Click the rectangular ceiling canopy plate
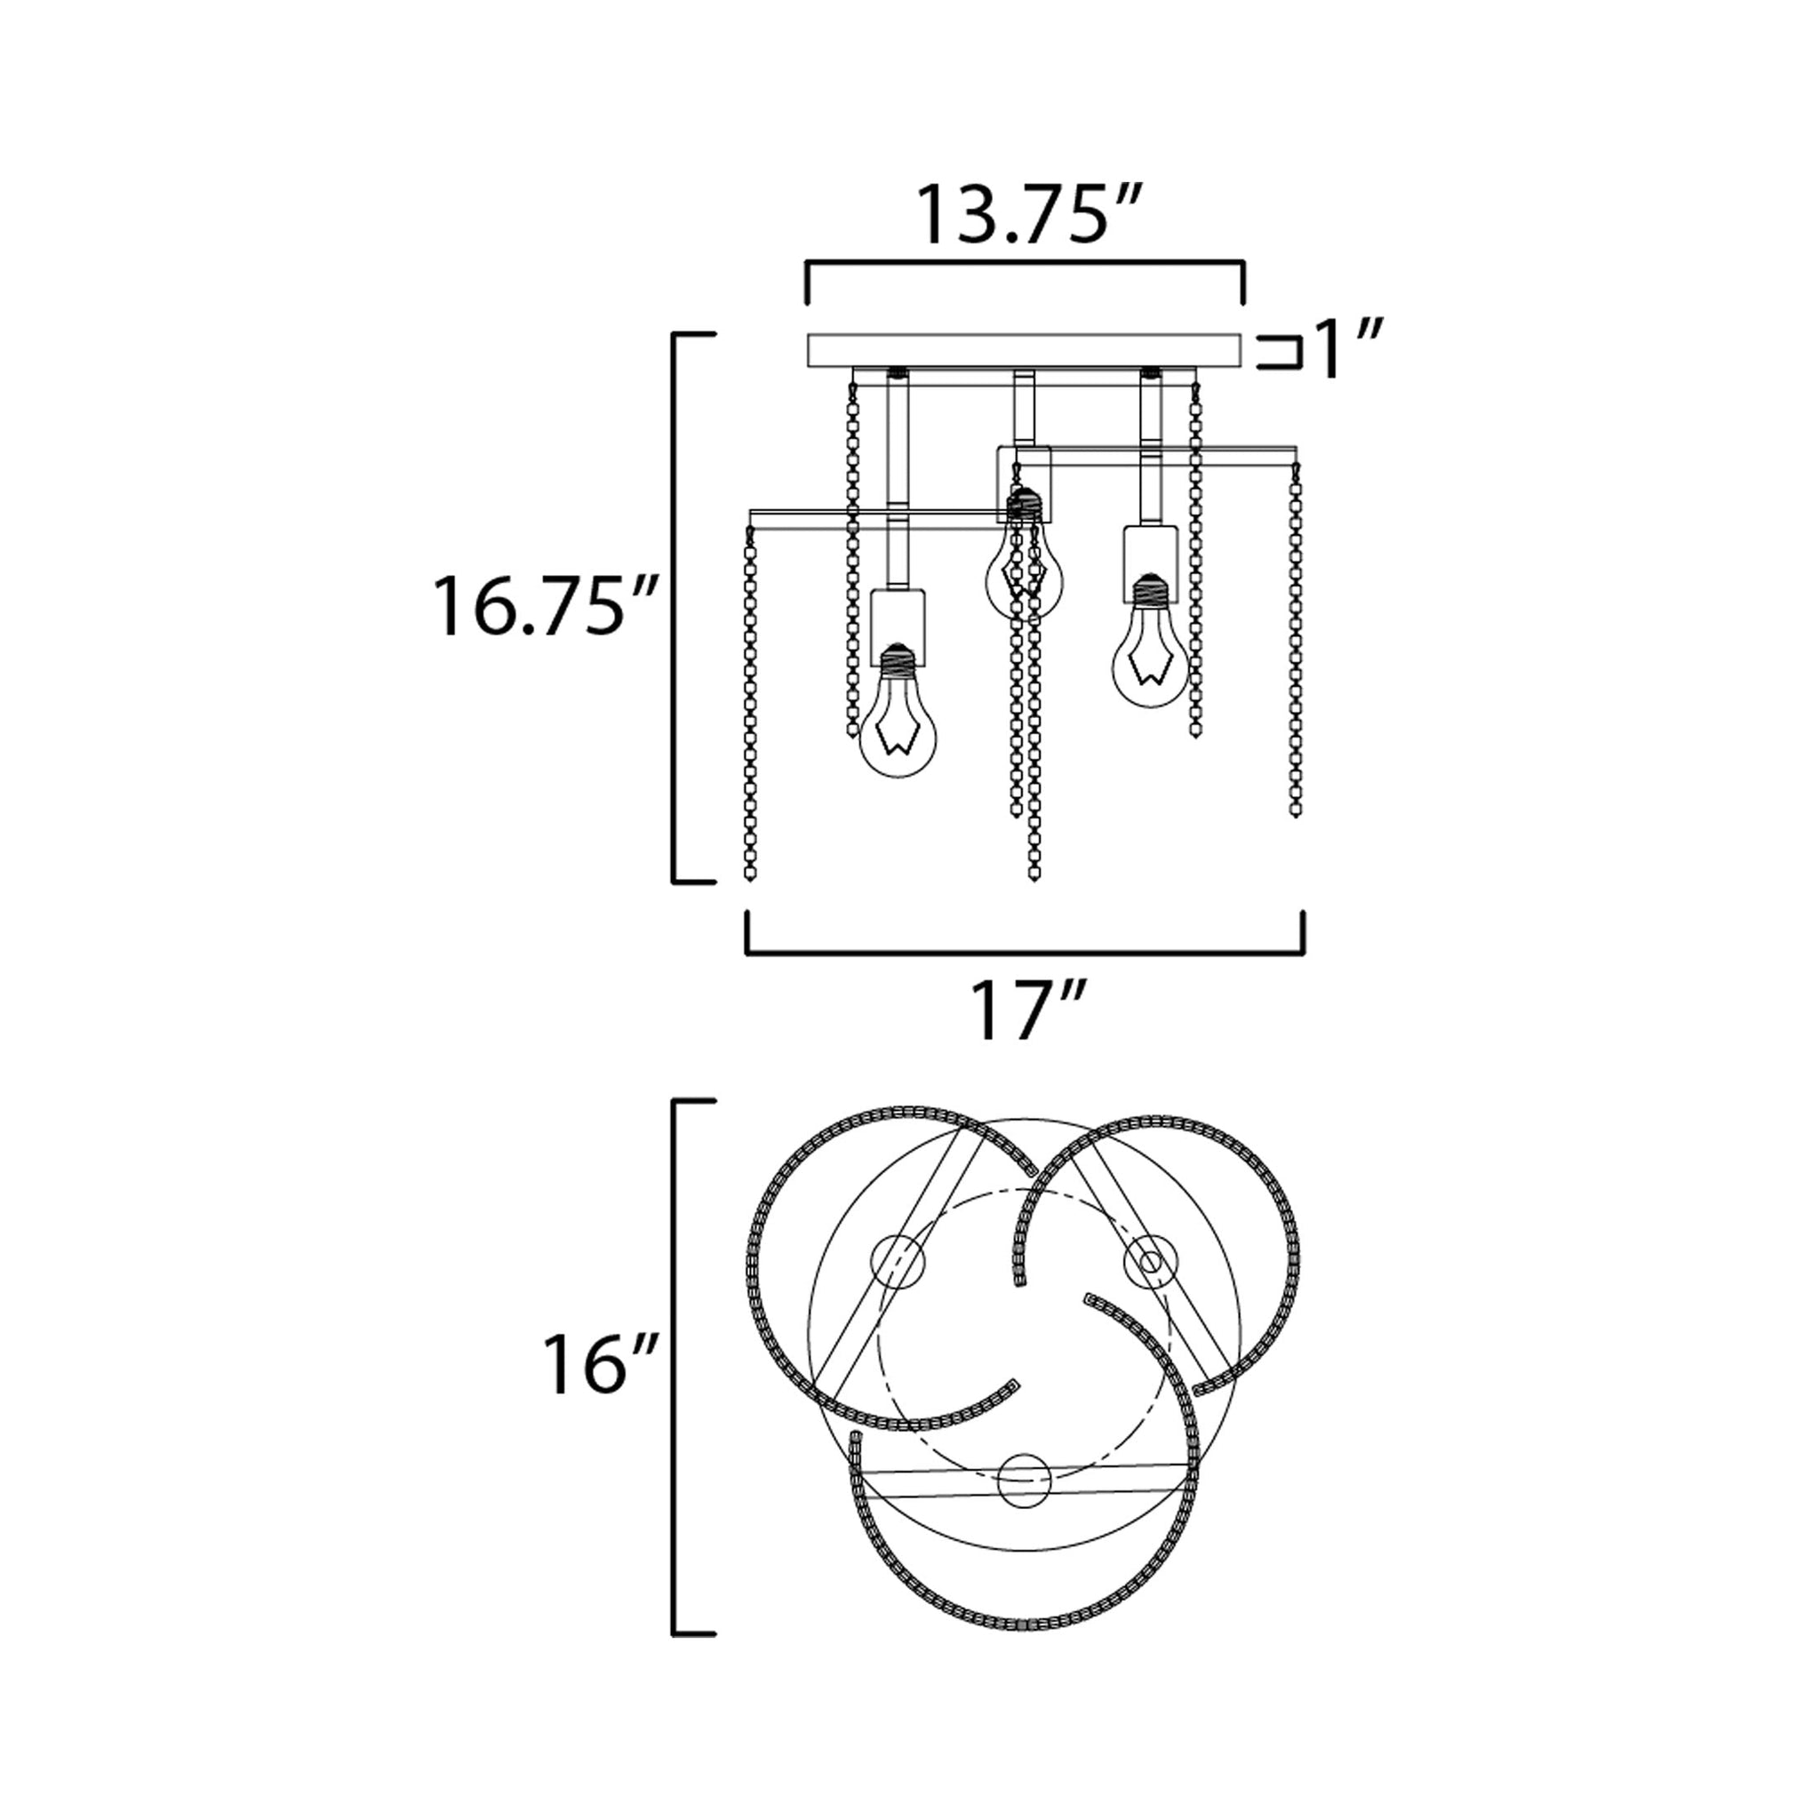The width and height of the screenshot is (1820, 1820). [1024, 350]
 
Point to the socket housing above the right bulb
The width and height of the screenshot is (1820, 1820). [1150, 563]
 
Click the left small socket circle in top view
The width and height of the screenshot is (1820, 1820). [896, 1260]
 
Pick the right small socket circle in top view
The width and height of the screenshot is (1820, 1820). [1150, 1259]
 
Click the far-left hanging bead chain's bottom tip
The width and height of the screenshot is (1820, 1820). [750, 877]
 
